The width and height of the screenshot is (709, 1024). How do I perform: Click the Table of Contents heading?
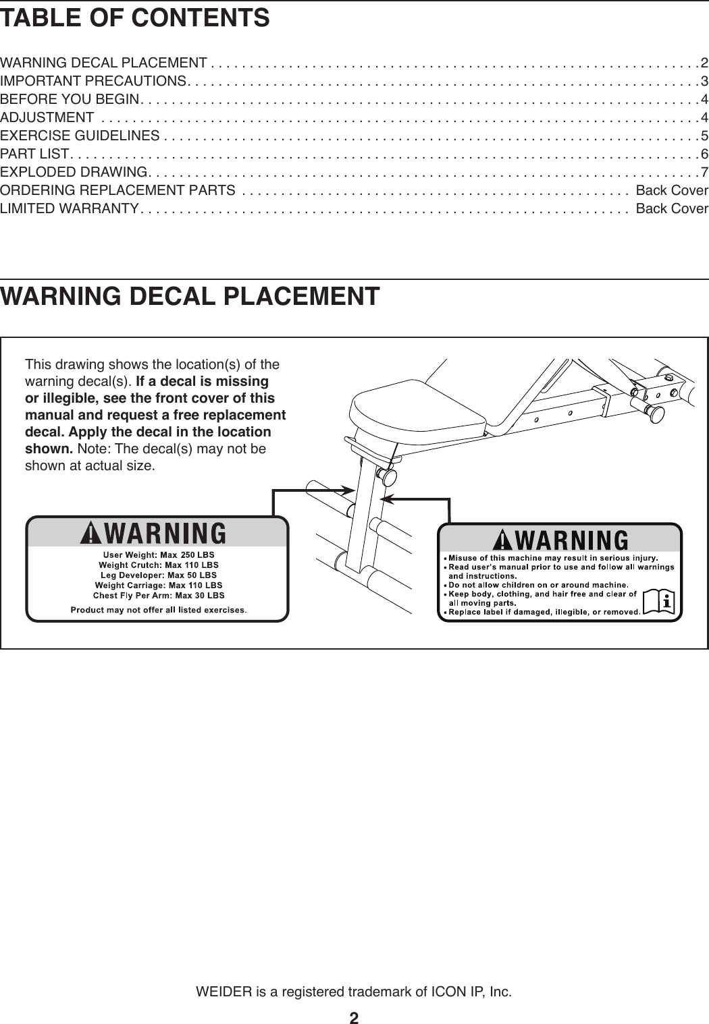pos(135,18)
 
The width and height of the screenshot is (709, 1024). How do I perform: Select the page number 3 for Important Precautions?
pos(704,82)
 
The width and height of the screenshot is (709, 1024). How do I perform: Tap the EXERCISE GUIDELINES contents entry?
pos(80,136)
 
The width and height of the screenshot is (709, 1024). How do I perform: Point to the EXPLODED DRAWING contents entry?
pos(73,172)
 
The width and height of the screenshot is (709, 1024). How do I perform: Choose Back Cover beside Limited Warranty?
pos(672,208)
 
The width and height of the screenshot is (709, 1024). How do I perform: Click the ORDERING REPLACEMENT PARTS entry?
pos(118,190)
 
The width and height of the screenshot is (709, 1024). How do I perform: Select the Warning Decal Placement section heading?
pos(190,297)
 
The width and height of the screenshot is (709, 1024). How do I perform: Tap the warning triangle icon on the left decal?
pos(90,534)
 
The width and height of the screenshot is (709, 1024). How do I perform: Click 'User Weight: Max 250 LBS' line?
pos(159,555)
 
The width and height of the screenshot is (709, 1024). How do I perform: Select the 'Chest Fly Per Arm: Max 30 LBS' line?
pos(159,596)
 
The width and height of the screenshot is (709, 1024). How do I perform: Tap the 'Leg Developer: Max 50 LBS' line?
pos(159,575)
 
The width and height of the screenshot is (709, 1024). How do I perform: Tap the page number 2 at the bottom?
pos(354,1017)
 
